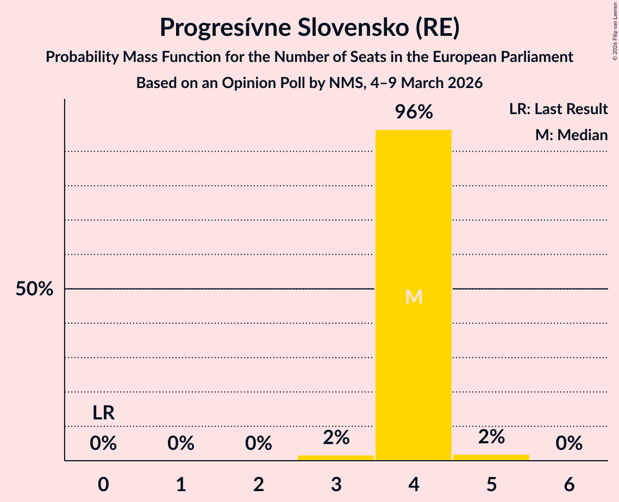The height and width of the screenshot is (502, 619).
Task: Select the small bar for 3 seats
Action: pyautogui.click(x=336, y=457)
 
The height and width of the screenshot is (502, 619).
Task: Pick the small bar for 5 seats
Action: pyautogui.click(x=491, y=457)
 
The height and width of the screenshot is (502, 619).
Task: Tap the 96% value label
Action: pyautogui.click(x=414, y=112)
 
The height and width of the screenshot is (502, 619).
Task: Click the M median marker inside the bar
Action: pyautogui.click(x=414, y=297)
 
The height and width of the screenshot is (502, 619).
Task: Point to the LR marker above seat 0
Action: pyautogui.click(x=103, y=413)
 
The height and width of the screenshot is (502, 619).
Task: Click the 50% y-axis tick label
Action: pyautogui.click(x=34, y=289)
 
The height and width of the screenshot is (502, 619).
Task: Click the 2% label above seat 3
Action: pyautogui.click(x=336, y=437)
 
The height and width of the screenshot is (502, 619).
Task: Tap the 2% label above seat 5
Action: pyautogui.click(x=491, y=436)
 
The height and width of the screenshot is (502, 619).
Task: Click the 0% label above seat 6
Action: pyautogui.click(x=569, y=444)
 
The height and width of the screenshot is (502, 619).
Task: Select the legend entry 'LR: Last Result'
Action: pyautogui.click(x=558, y=109)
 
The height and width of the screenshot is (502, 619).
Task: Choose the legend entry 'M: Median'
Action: pyautogui.click(x=571, y=135)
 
